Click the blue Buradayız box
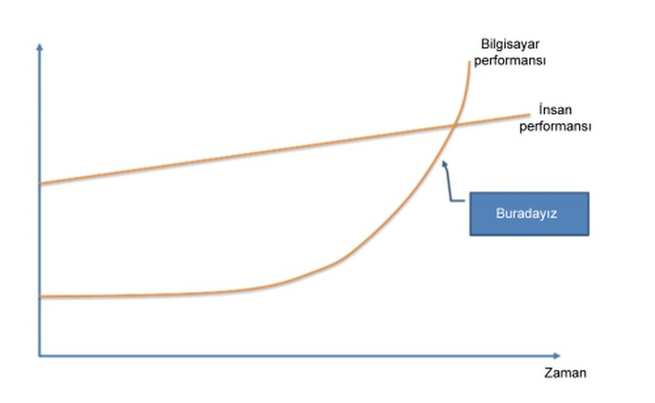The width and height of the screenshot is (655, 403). click(529, 213)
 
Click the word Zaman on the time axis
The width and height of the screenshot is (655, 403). click(564, 373)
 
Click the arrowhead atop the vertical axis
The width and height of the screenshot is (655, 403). click(39, 46)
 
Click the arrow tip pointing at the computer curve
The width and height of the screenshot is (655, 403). click(443, 162)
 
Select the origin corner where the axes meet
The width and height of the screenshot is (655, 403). click(39, 355)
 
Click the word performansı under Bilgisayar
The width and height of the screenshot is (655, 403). click(510, 60)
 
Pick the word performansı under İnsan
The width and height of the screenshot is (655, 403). click(555, 126)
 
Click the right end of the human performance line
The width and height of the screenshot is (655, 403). click(528, 114)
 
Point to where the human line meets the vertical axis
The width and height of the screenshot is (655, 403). click(39, 184)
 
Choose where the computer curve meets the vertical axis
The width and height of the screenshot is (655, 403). click(39, 296)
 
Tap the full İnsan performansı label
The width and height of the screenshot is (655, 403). click(555, 118)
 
